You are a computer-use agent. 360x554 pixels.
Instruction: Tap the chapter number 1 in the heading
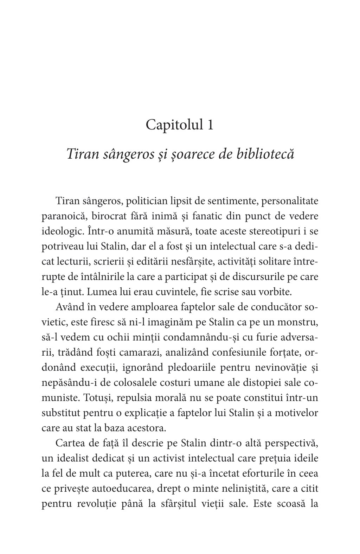[210, 126]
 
